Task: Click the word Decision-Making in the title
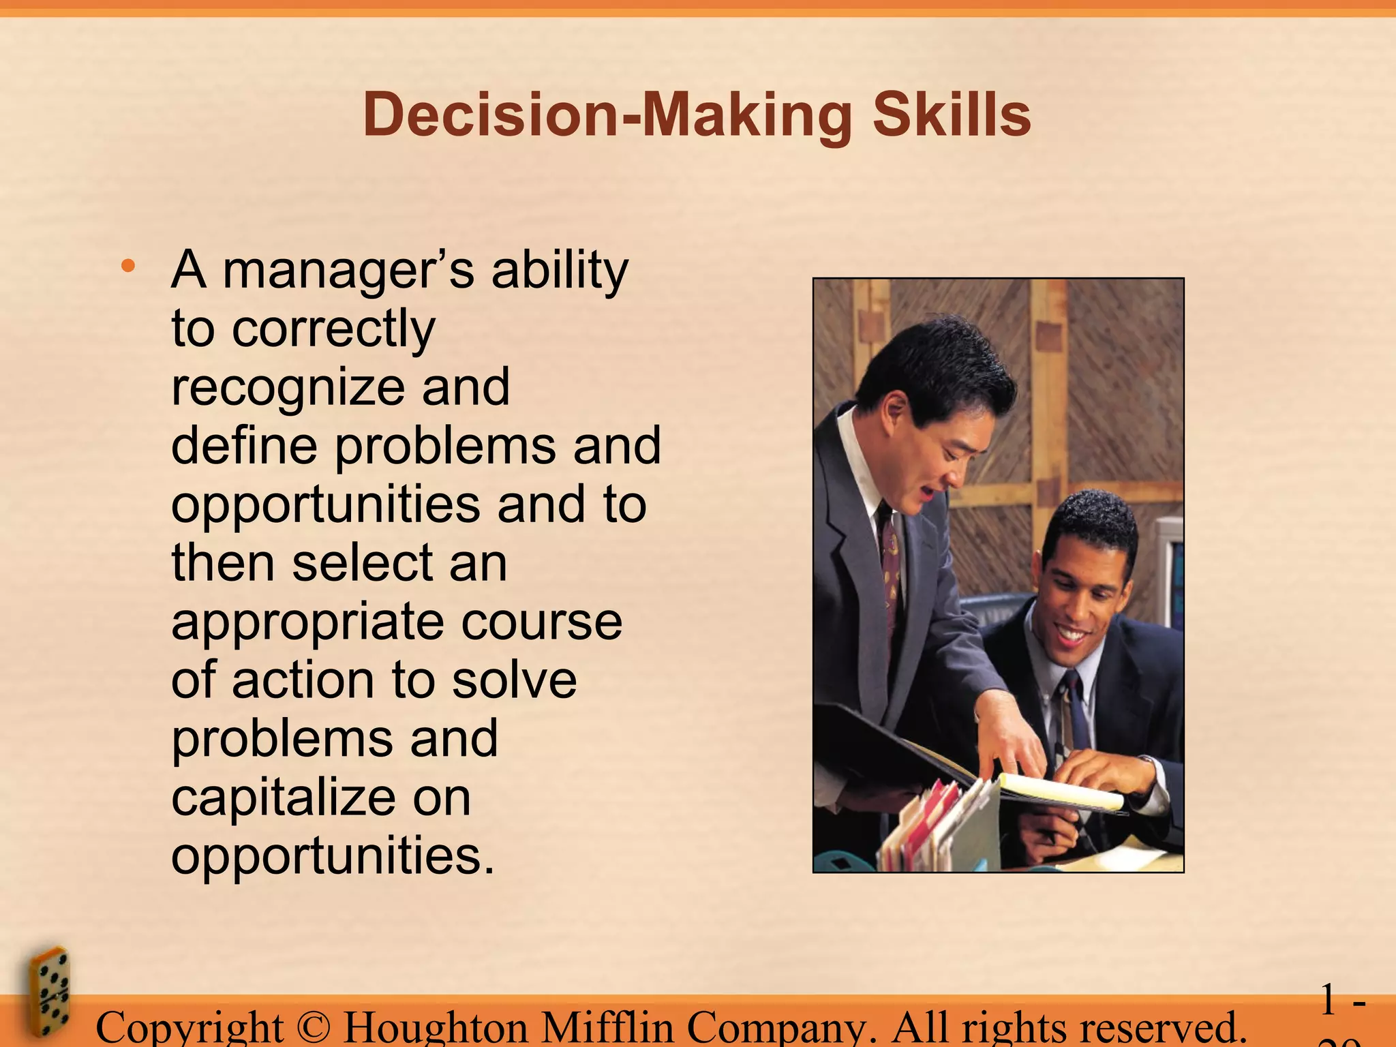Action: pyautogui.click(x=607, y=115)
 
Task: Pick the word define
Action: pyautogui.click(x=244, y=446)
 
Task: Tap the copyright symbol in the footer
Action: pyautogui.click(x=313, y=1028)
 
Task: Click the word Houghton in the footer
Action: pyautogui.click(x=436, y=1028)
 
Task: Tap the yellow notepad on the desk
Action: pyautogui.click(x=1061, y=791)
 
